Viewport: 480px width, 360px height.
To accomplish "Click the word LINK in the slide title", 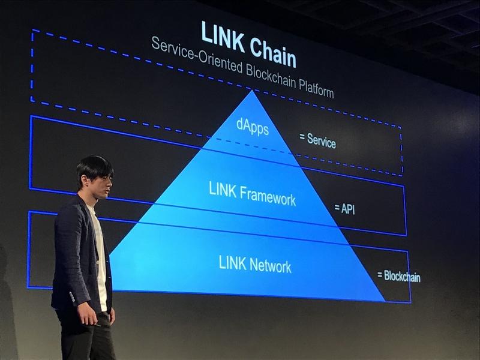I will [x=223, y=35].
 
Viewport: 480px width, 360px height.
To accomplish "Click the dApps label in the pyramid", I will [x=253, y=127].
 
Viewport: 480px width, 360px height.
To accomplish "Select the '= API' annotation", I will [x=344, y=208].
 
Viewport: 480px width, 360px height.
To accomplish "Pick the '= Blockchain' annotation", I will [x=398, y=277].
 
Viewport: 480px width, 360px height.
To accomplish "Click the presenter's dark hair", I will [x=93, y=165].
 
